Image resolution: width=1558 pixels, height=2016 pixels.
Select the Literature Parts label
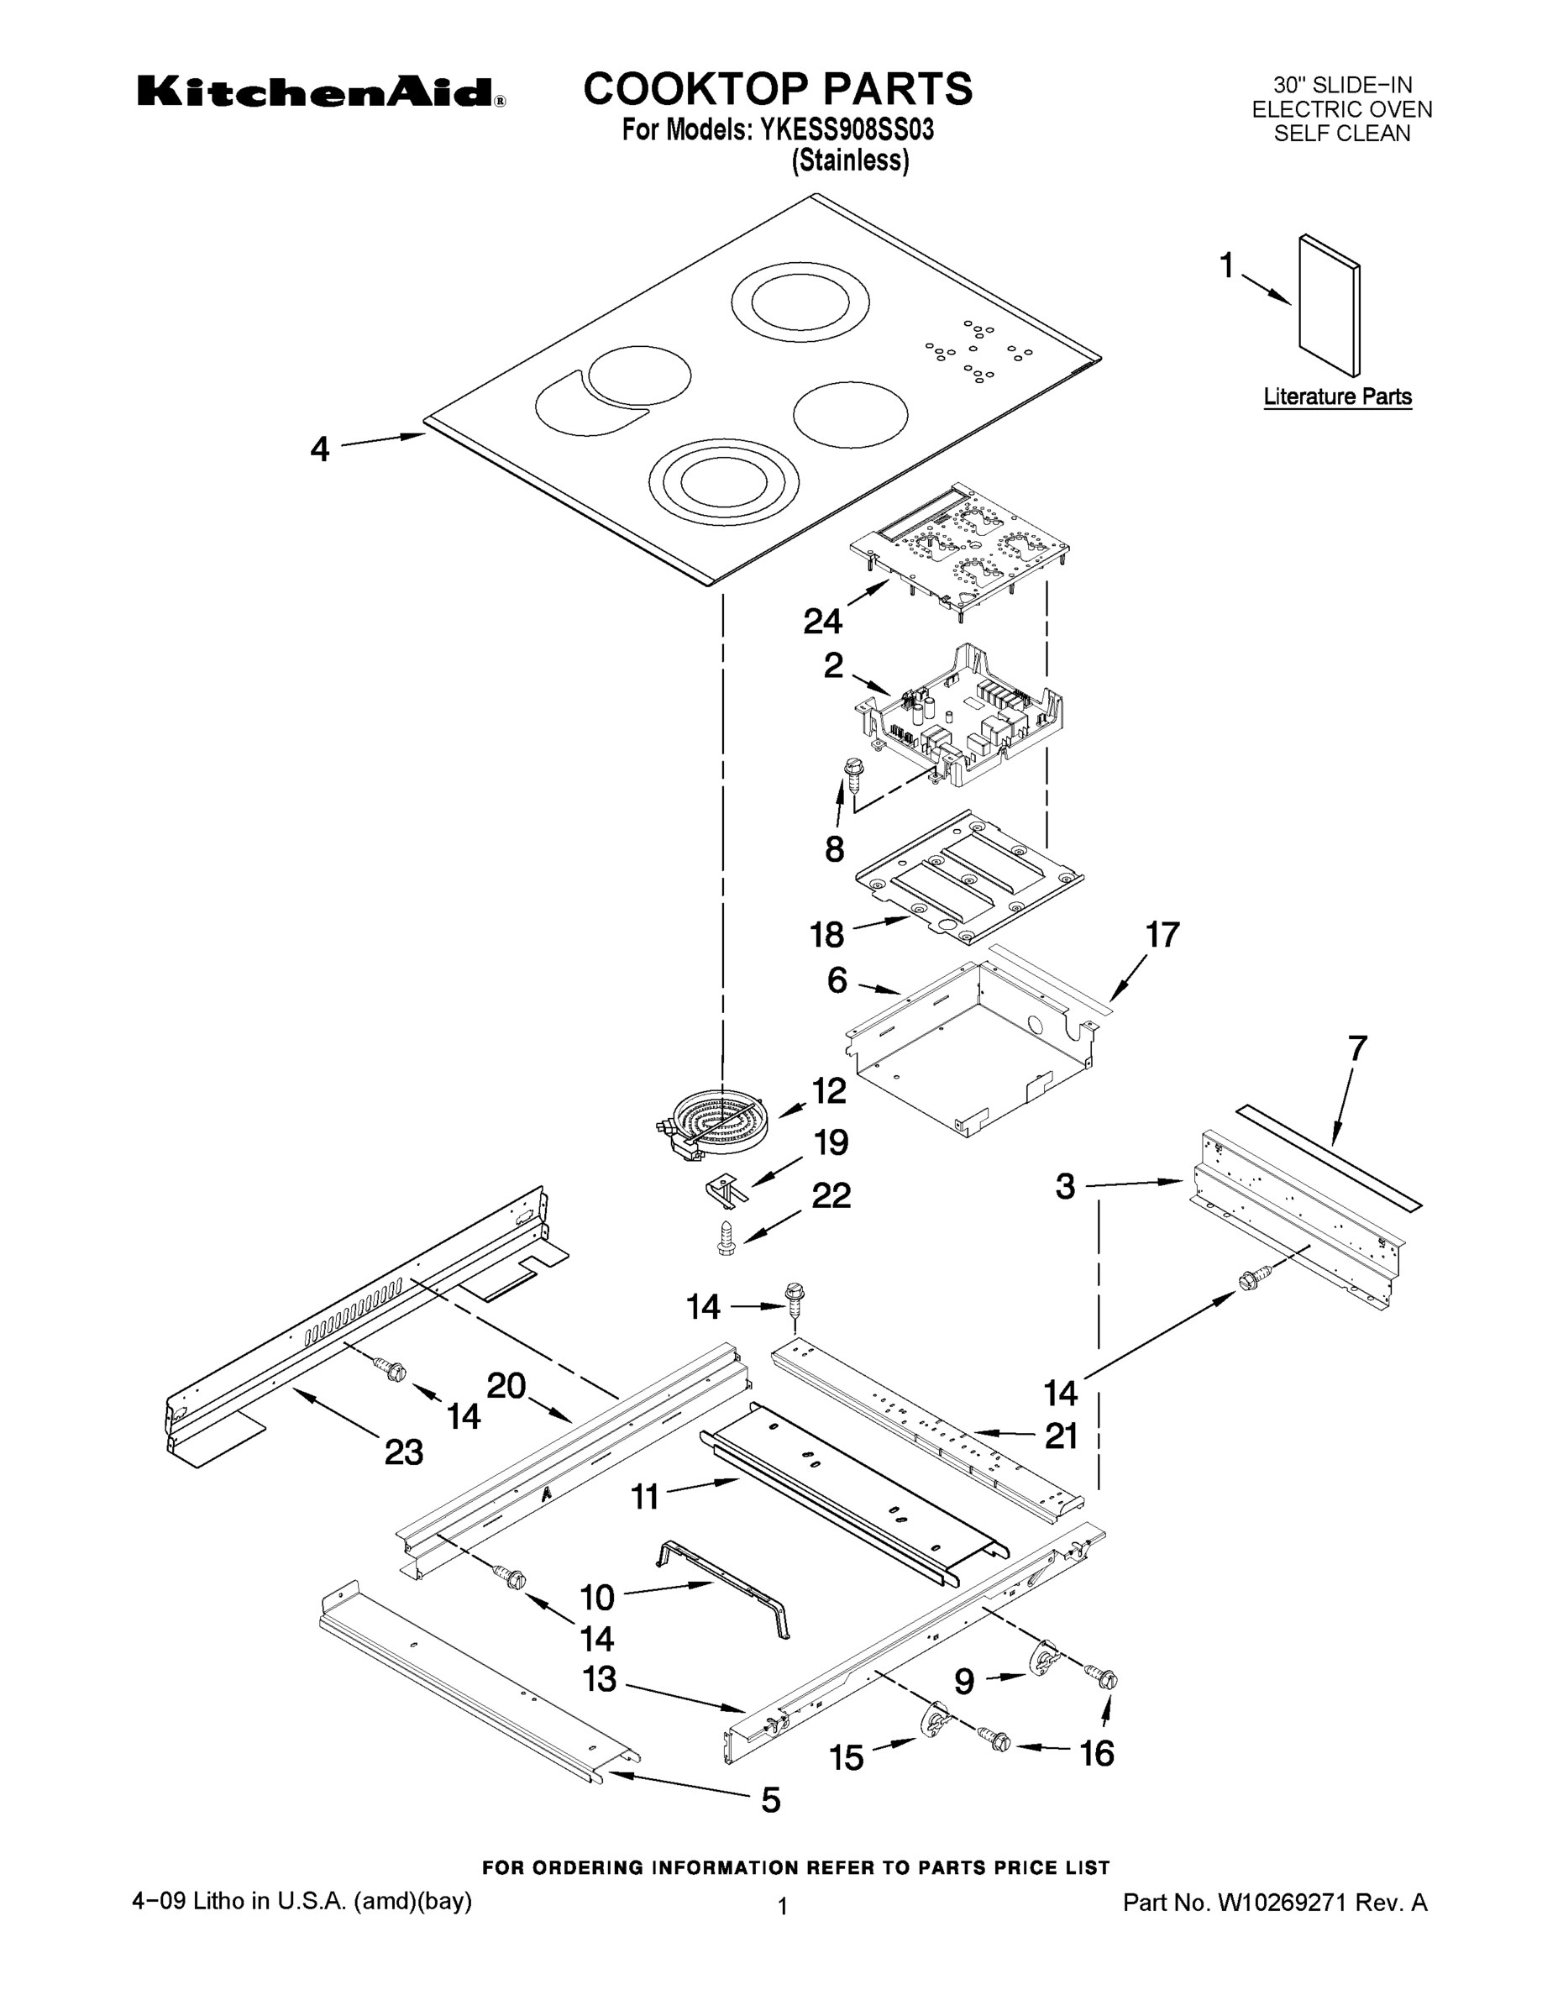[x=1336, y=397]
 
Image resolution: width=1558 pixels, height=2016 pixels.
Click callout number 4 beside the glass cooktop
[x=319, y=449]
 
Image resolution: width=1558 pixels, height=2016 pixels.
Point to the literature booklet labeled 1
[x=1329, y=305]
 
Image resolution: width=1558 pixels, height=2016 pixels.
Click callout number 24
[x=821, y=622]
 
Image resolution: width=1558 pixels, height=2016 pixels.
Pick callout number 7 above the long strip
[x=1356, y=1048]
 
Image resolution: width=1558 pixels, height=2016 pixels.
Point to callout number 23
[x=403, y=1452]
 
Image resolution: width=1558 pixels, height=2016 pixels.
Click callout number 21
[x=1061, y=1436]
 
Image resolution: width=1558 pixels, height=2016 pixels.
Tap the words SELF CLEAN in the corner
[x=1341, y=134]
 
